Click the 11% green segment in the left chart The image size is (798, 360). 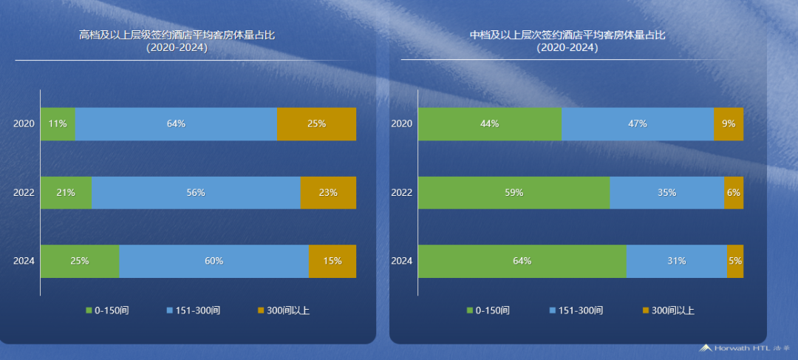58,124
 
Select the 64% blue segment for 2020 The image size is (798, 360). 176,124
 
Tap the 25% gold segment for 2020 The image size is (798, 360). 316,124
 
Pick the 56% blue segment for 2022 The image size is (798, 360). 196,193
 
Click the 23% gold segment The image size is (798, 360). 328,193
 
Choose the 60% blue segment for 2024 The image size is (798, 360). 214,261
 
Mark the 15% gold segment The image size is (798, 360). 332,261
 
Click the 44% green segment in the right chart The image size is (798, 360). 489,124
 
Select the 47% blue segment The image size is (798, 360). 637,124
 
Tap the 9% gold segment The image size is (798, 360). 729,124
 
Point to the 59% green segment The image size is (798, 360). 514,193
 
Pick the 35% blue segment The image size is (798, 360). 666,193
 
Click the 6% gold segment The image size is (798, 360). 734,193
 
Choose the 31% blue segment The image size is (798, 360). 676,261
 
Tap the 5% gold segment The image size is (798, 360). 735,261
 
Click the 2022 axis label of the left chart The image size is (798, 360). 24,193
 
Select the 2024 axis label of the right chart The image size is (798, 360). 401,261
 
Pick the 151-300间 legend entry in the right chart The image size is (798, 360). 576,310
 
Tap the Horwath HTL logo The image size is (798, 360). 746,347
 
